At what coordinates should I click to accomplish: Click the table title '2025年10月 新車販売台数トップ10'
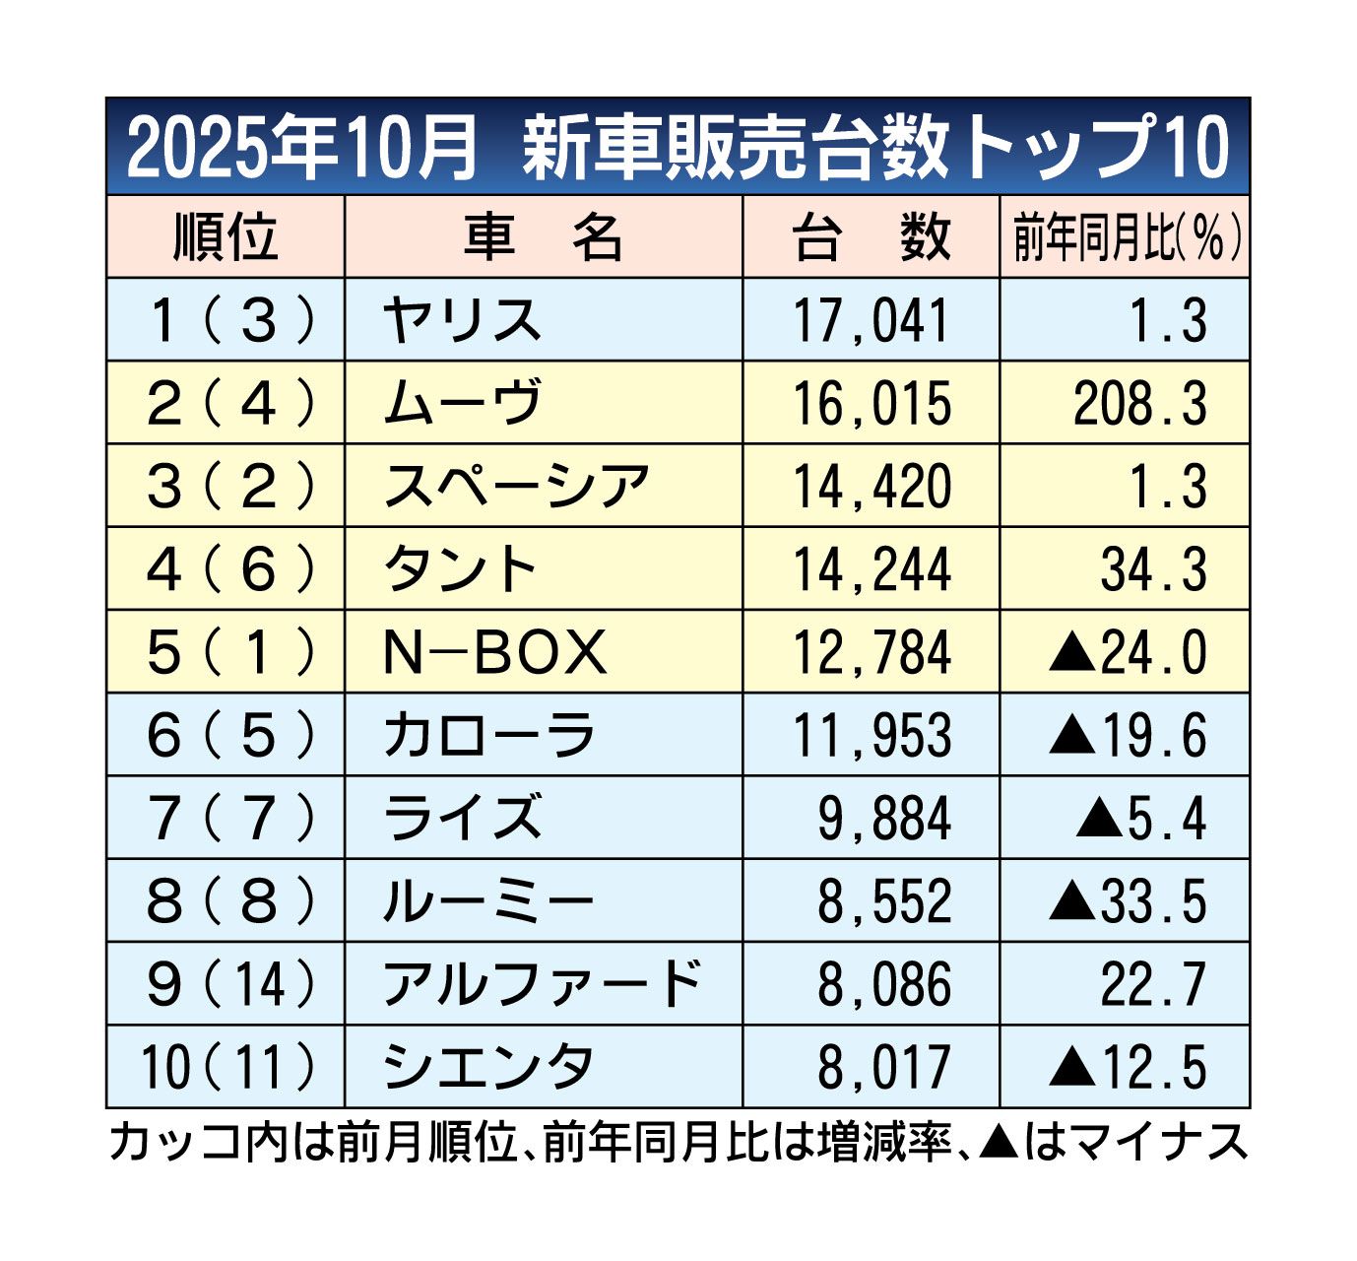tap(678, 148)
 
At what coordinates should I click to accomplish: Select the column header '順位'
tap(226, 237)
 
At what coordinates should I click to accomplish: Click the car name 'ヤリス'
tap(462, 321)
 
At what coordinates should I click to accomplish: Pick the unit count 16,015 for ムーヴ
tap(872, 404)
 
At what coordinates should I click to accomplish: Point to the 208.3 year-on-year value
tap(1139, 404)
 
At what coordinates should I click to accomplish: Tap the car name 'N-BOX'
tap(494, 652)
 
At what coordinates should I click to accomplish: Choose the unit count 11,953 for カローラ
tap(872, 736)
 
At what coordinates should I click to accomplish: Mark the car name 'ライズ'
tap(462, 819)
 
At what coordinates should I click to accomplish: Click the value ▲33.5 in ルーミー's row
tap(1128, 901)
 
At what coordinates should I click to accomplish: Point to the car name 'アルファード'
tap(542, 984)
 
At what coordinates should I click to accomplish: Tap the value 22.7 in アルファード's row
tap(1153, 984)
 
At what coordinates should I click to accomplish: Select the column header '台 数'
tap(872, 237)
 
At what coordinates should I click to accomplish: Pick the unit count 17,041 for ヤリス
tap(872, 321)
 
